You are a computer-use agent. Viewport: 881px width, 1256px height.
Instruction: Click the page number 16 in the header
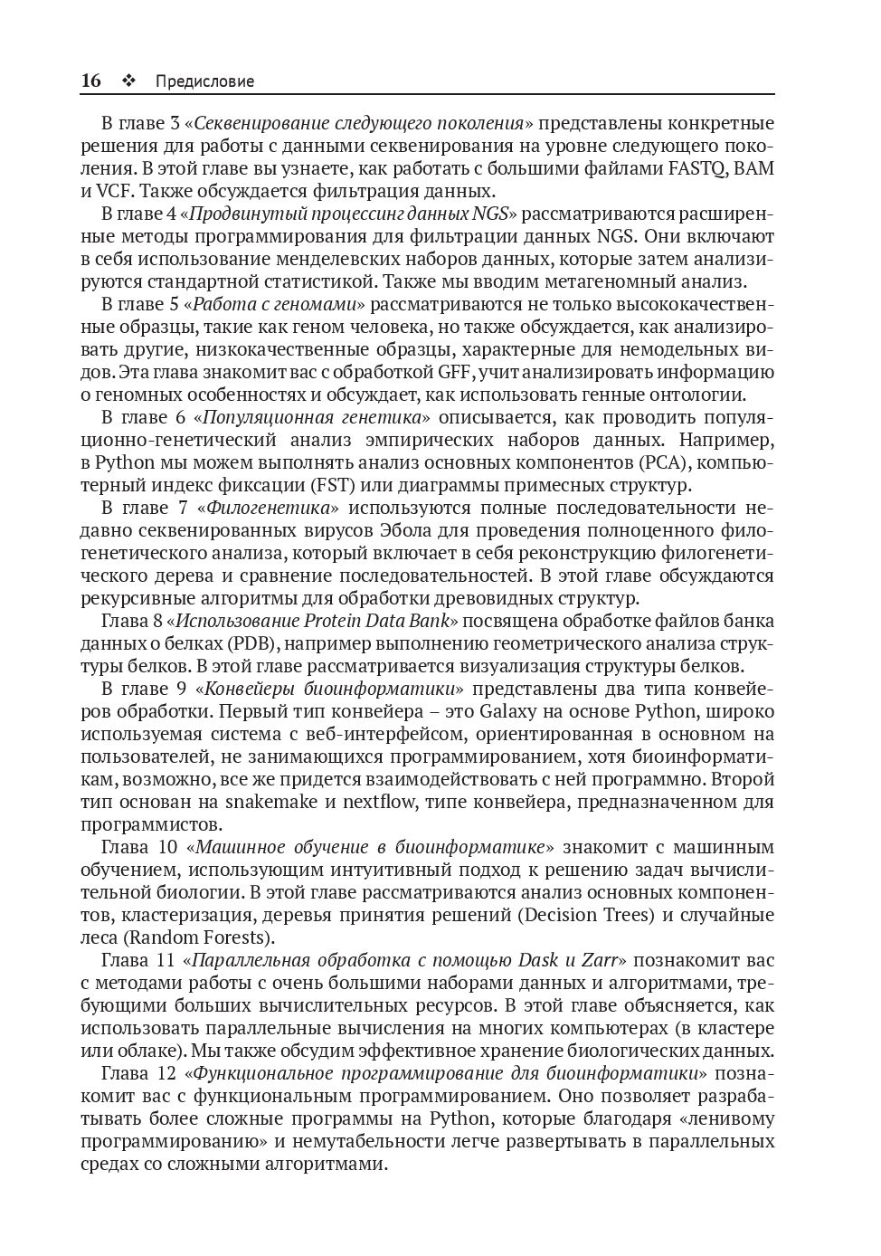tap(90, 81)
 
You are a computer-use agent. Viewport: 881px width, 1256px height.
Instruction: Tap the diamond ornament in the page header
tap(128, 81)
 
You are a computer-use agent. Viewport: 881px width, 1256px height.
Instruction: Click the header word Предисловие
tap(204, 81)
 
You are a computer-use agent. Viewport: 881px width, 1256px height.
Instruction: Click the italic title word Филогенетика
tap(272, 508)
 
